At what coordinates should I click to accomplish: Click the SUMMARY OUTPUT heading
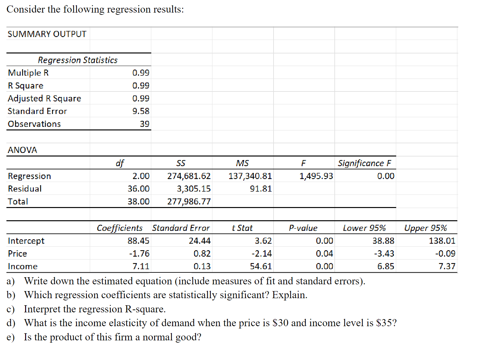point(47,34)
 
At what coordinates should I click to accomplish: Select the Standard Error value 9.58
point(141,111)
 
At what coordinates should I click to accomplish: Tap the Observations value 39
point(145,124)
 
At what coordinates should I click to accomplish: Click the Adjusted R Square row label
point(44,99)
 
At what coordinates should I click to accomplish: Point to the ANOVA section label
point(22,150)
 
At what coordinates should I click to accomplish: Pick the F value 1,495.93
point(316,176)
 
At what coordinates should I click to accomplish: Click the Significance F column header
point(364,163)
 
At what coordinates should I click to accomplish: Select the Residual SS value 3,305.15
point(193,189)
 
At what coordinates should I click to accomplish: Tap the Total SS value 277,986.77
point(189,202)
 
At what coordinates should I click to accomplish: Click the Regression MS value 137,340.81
point(250,176)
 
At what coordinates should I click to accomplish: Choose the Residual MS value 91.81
point(261,189)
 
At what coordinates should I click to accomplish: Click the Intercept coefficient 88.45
point(138,241)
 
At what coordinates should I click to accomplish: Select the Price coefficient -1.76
point(139,254)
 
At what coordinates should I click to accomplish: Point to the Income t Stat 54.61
point(261,266)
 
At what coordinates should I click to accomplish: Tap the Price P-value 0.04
point(324,254)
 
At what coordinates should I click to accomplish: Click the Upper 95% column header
point(425,228)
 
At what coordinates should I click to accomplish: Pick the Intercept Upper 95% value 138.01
point(442,241)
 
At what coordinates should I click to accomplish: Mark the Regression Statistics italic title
point(78,60)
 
